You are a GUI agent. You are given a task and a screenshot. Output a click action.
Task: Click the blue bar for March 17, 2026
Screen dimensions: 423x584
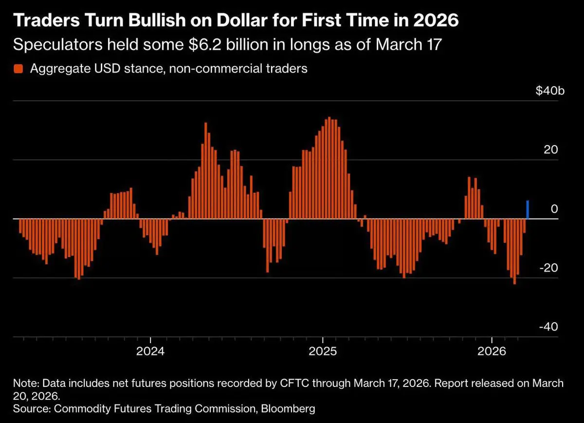[528, 210]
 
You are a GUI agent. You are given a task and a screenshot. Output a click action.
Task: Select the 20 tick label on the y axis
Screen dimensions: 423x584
[551, 150]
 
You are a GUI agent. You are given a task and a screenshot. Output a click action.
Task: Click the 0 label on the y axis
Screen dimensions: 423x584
[554, 209]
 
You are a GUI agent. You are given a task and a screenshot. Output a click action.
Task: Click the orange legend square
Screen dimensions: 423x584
[18, 69]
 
